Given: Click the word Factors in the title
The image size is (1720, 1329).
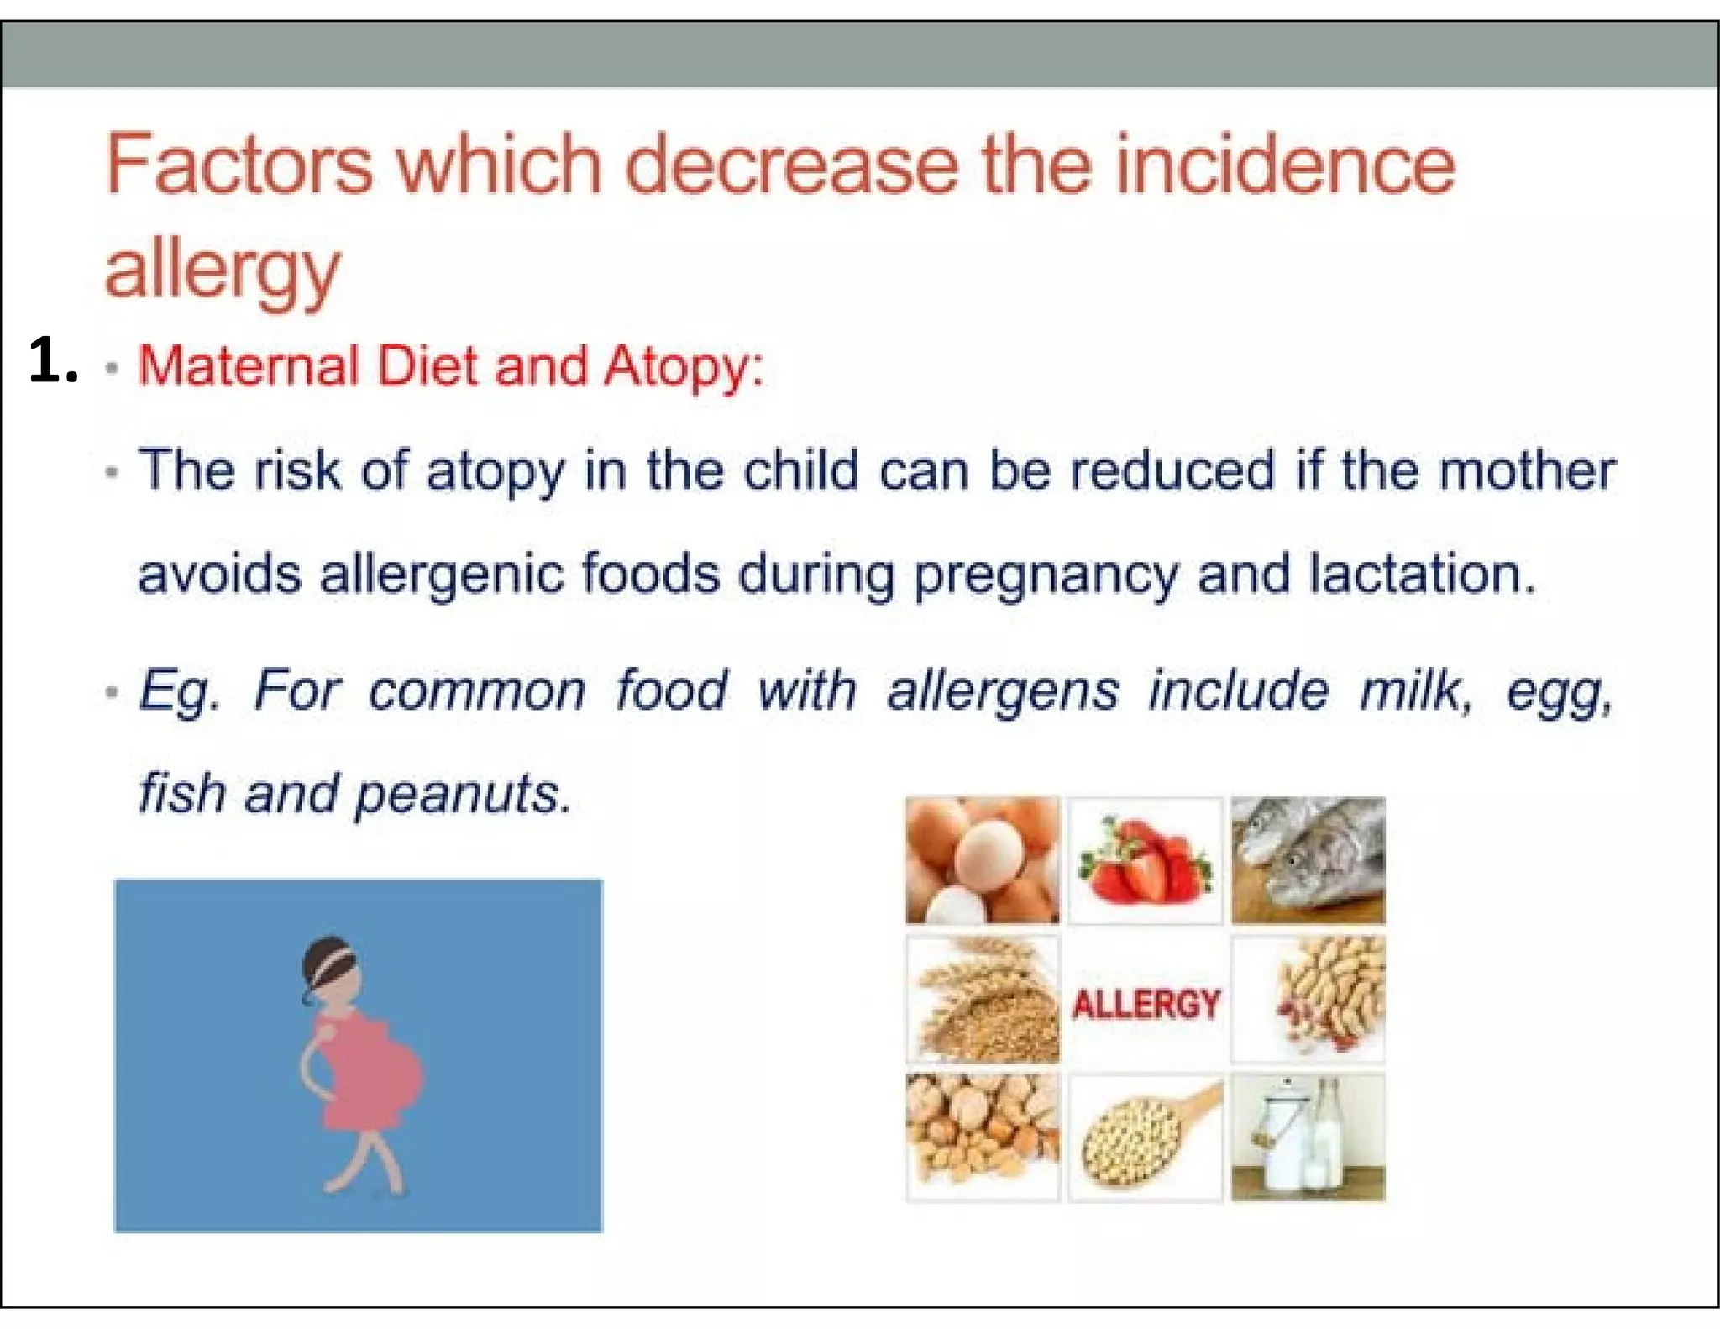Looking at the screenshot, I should click(239, 165).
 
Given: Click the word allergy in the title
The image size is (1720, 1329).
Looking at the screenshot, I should click(223, 271).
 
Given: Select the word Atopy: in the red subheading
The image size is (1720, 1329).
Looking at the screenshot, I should click(683, 367).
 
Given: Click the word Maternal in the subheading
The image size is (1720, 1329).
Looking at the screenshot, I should click(249, 367).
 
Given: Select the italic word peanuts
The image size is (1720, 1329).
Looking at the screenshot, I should click(463, 794).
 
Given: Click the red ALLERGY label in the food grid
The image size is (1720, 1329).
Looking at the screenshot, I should click(1146, 1004).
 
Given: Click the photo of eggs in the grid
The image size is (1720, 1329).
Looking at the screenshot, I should click(982, 860).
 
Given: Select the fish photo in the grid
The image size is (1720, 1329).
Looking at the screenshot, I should click(1307, 860).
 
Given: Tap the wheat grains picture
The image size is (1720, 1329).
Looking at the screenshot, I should click(982, 1000).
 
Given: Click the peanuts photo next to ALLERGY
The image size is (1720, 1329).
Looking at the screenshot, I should click(1308, 1000).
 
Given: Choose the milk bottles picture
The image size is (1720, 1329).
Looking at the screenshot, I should click(1307, 1137).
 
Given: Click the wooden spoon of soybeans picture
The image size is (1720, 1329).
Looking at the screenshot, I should click(1145, 1137).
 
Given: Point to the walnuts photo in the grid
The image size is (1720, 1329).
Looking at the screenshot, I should click(982, 1137).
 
